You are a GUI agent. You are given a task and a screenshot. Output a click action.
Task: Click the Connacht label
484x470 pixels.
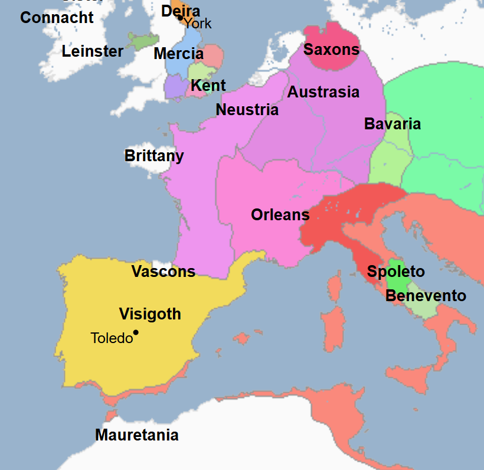click(x=57, y=17)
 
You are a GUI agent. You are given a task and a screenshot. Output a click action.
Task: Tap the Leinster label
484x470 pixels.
click(x=93, y=51)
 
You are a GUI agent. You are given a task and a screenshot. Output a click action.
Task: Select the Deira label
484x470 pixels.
click(x=181, y=11)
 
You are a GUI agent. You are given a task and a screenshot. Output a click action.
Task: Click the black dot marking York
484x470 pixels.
click(x=180, y=18)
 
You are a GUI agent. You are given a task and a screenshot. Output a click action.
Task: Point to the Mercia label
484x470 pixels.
click(x=178, y=54)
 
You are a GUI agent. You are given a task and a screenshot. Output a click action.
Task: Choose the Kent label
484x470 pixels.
click(x=208, y=86)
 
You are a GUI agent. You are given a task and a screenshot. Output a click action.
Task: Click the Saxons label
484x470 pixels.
click(x=331, y=50)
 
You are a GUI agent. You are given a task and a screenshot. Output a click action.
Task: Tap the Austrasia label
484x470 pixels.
click(x=323, y=92)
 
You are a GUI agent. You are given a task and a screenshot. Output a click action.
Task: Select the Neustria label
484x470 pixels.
click(x=247, y=110)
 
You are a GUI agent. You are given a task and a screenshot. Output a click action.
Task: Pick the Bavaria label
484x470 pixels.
click(x=392, y=124)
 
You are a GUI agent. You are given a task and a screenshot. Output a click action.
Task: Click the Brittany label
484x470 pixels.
click(x=154, y=156)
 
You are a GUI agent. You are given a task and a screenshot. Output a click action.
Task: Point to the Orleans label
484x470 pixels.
click(x=280, y=215)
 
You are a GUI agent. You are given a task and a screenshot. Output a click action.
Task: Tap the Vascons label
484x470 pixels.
click(x=163, y=272)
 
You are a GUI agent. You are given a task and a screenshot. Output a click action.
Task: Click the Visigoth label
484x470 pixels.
click(x=150, y=314)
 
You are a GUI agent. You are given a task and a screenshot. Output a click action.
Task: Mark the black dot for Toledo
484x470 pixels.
click(x=136, y=332)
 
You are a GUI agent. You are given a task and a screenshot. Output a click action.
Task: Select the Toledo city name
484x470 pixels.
click(x=112, y=338)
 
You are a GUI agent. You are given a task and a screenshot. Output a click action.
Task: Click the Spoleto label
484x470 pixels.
click(x=395, y=272)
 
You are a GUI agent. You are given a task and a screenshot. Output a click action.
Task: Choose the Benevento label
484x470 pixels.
click(x=426, y=296)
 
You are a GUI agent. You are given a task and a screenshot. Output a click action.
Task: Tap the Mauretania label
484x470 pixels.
click(x=136, y=436)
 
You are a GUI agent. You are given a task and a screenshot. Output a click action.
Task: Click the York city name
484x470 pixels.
click(x=197, y=24)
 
